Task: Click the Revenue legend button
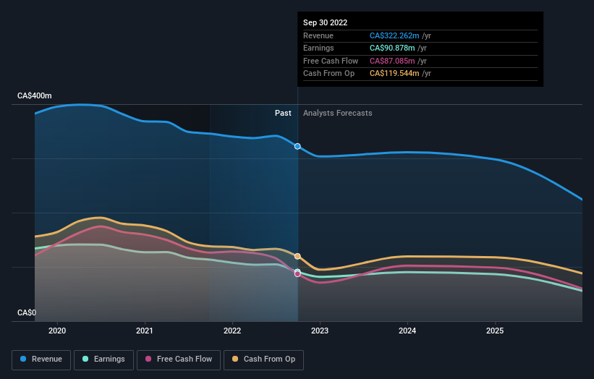pos(41,359)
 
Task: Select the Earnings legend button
pos(103,359)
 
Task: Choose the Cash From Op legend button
pos(264,359)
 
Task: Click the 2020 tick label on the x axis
pos(57,331)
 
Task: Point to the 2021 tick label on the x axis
pos(145,331)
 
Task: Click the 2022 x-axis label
pos(232,331)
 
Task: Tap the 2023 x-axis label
pos(320,331)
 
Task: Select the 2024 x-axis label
pos(407,331)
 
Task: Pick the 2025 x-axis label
pos(495,331)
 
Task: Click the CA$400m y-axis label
pos(35,95)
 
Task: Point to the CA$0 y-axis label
pos(26,312)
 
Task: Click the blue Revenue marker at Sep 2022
pos(297,146)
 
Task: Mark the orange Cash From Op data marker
pos(297,256)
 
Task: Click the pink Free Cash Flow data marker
pos(297,274)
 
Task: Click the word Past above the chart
pos(283,113)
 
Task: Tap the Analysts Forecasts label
pos(337,113)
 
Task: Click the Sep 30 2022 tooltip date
pos(325,22)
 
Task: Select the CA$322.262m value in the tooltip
pos(394,35)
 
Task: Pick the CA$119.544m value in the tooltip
pos(394,73)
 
